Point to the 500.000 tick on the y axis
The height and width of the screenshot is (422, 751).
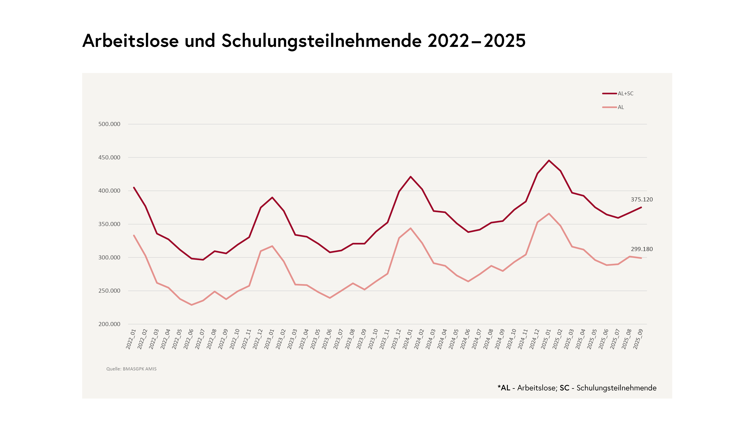tap(109, 124)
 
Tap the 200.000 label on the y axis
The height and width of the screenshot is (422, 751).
tap(109, 324)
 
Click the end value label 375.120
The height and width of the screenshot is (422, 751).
tap(642, 199)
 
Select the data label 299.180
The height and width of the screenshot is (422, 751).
tap(642, 249)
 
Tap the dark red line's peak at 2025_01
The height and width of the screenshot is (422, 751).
tap(549, 160)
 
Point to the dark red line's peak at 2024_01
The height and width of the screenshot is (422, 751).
tap(411, 176)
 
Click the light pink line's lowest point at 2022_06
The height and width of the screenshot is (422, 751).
tap(191, 305)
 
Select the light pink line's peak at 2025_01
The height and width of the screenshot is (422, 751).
tap(549, 214)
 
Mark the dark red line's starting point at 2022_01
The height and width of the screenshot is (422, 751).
tap(134, 188)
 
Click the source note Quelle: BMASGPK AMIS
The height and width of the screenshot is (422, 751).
tap(131, 369)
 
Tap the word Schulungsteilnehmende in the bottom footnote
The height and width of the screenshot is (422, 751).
tap(616, 388)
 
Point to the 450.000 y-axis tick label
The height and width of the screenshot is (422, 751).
tap(109, 157)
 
